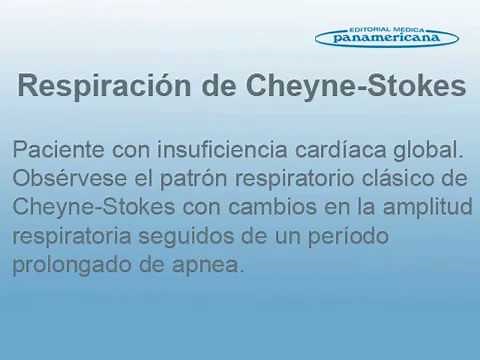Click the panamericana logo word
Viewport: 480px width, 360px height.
coord(386,38)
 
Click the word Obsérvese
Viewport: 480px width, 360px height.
coord(65,180)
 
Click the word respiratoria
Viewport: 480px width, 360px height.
coord(73,238)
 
